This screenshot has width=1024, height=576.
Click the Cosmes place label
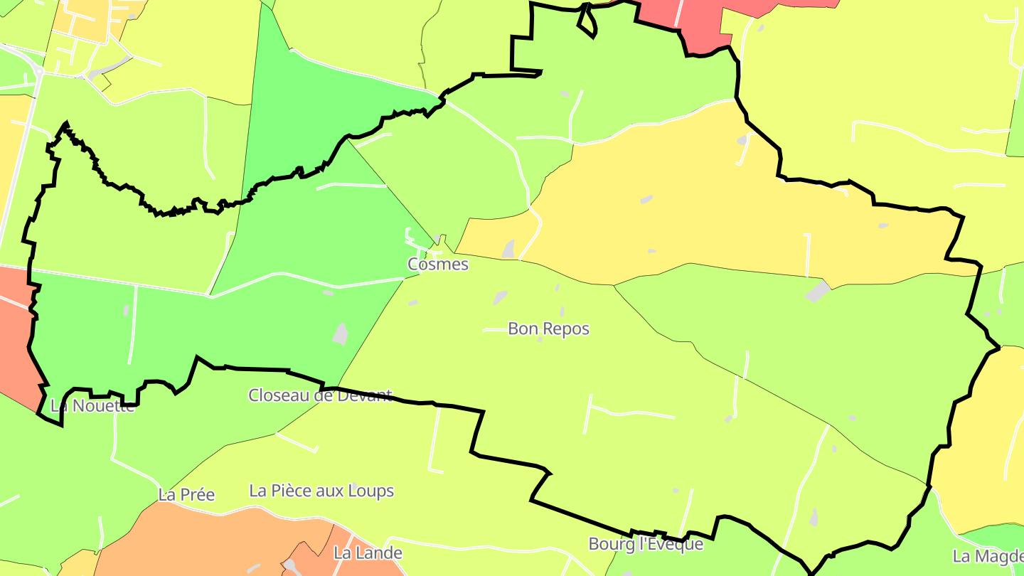pyautogui.click(x=438, y=265)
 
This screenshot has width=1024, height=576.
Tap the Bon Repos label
pyautogui.click(x=548, y=329)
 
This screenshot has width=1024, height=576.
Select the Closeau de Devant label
pyautogui.click(x=320, y=395)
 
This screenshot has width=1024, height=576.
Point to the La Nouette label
pyautogui.click(x=92, y=406)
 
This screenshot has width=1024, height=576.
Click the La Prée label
pyautogui.click(x=186, y=495)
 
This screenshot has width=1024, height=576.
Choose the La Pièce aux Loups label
pyautogui.click(x=321, y=491)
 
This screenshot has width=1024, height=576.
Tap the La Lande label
pyautogui.click(x=368, y=553)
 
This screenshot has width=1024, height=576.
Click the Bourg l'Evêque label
pyautogui.click(x=646, y=545)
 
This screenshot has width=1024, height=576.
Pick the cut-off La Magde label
pyautogui.click(x=987, y=555)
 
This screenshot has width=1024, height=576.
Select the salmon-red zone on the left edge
pyautogui.click(x=16, y=334)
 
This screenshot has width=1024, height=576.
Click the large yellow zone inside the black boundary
pyautogui.click(x=711, y=206)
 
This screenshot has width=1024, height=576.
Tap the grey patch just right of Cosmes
pyautogui.click(x=508, y=249)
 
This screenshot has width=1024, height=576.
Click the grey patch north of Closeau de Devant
pyautogui.click(x=341, y=334)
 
